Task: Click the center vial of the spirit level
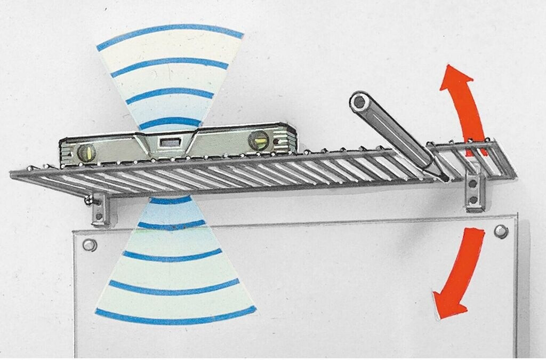tap(170, 142)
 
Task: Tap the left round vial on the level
tap(86, 154)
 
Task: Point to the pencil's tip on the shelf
tap(444, 178)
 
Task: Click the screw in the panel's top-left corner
tap(90, 245)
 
